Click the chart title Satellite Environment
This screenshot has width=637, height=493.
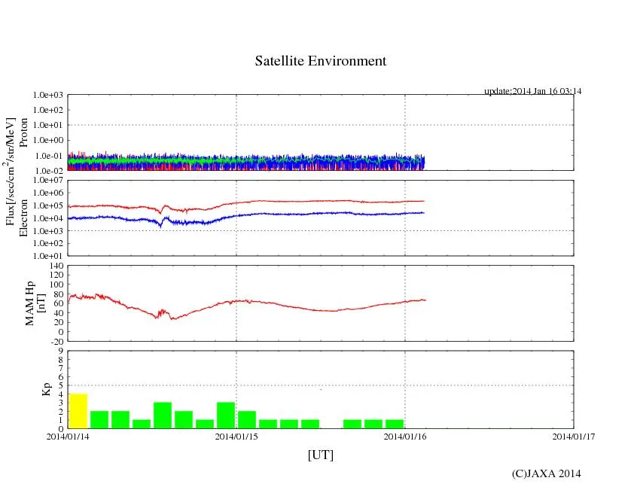[x=320, y=61]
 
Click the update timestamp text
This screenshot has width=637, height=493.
[x=532, y=91]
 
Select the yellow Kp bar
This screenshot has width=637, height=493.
[x=78, y=411]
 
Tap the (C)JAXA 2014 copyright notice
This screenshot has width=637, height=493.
[x=546, y=473]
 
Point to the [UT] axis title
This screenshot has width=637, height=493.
[x=320, y=455]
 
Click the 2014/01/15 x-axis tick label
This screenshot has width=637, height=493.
[x=236, y=437]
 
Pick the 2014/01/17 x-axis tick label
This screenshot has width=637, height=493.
[x=573, y=437]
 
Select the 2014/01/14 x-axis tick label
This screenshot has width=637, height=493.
[x=68, y=437]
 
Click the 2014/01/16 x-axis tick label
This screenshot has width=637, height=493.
[x=405, y=437]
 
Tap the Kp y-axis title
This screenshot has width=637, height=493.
[x=44, y=390]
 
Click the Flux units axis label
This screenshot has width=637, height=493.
[x=11, y=171]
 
